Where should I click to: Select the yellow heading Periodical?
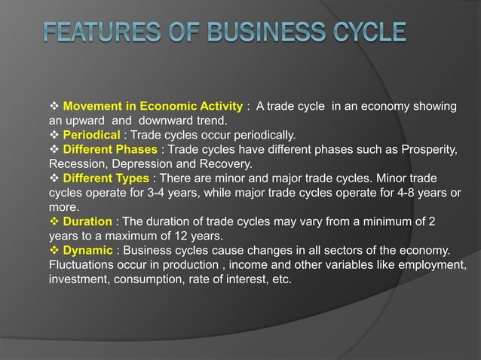point(92,135)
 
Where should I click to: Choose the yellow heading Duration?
point(87,221)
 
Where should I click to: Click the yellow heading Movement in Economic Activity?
point(153,106)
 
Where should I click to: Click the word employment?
point(429,264)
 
